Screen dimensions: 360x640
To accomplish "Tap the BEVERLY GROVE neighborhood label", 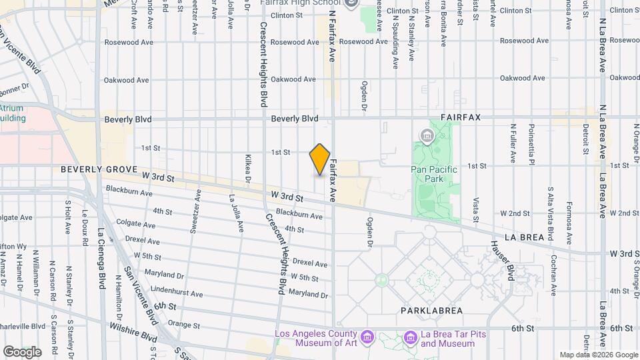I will coord(99,169).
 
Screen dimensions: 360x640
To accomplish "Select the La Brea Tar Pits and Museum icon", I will coord(410,339).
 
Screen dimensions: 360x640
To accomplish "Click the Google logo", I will coord(21,351).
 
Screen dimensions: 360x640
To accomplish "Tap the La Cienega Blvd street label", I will coord(101,261).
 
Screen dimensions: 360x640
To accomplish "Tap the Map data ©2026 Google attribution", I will coord(598,355).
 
